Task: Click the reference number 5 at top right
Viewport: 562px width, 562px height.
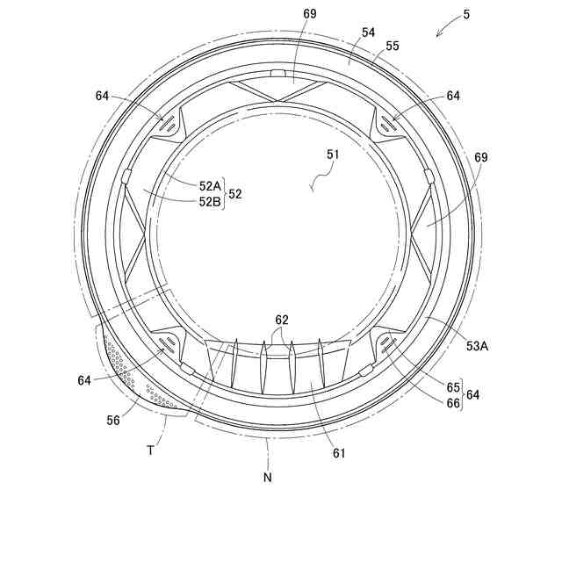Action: point(465,15)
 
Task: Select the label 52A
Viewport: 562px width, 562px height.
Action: point(210,185)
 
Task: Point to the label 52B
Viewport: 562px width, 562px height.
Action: point(210,201)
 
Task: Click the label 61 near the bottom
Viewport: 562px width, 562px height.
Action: point(339,453)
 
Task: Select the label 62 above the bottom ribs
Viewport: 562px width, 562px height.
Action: point(281,321)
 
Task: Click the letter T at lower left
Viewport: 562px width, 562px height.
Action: point(150,449)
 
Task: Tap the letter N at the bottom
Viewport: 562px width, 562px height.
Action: point(267,478)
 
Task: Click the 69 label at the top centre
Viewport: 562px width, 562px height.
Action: point(310,15)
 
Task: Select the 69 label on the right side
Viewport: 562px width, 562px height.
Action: point(480,158)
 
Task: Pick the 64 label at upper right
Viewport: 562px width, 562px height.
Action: point(453,96)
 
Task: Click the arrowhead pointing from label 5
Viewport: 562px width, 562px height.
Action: point(438,35)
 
